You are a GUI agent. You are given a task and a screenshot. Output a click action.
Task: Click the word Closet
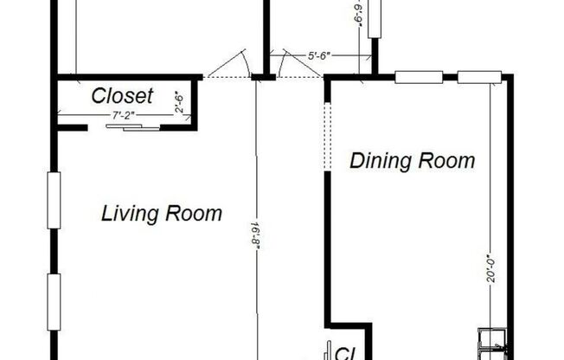[x=123, y=95]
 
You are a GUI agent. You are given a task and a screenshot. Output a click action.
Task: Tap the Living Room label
[x=162, y=213]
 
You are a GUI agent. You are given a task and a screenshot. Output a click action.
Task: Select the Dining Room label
[x=413, y=161]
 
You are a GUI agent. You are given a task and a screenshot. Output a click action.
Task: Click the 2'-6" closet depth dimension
[x=178, y=101]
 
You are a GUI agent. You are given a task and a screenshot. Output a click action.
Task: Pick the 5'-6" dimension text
[x=318, y=56]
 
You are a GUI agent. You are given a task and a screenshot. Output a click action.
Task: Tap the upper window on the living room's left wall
[x=54, y=202]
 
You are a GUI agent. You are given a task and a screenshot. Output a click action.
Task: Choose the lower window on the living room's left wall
[x=54, y=302]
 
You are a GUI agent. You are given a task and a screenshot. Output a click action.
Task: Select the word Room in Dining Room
[x=447, y=161]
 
